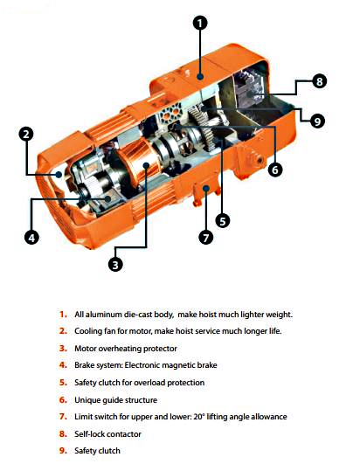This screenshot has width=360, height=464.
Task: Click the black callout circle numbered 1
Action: pos(200,23)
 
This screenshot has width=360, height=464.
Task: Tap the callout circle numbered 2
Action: pos(26,135)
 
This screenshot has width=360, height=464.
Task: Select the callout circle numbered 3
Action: pos(115,264)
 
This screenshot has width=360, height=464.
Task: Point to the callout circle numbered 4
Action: pos(31,238)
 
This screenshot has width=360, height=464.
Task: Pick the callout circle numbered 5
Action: pos(223,221)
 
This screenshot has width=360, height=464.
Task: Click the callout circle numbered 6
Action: pos(275,170)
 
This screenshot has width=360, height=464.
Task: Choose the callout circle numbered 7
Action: pos(206,238)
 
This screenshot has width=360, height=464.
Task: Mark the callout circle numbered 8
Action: pos(320,80)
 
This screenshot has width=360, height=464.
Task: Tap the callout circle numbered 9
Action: pos(317,121)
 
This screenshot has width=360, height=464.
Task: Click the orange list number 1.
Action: pos(63,315)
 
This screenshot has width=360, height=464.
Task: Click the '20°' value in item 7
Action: pos(199,417)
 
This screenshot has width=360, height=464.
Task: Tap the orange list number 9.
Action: pos(63,451)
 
